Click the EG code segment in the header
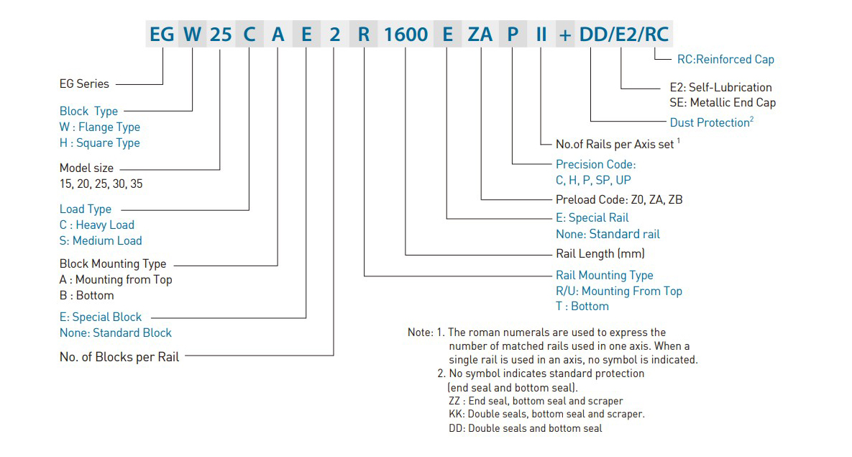pyautogui.click(x=162, y=35)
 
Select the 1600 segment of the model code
pyautogui.click(x=406, y=35)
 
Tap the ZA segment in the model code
pyautogui.click(x=480, y=35)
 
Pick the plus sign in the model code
pyautogui.click(x=565, y=35)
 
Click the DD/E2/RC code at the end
pyautogui.click(x=624, y=35)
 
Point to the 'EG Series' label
pyautogui.click(x=84, y=83)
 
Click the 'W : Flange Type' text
pyautogui.click(x=100, y=127)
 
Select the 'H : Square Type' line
pyautogui.click(x=100, y=142)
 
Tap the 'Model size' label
pyautogui.click(x=86, y=168)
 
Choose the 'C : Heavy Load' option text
pyautogui.click(x=97, y=225)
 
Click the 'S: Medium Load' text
pyautogui.click(x=101, y=240)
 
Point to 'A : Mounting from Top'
pyautogui.click(x=116, y=280)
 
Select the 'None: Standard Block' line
pyautogui.click(x=116, y=332)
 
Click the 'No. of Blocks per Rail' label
pyautogui.click(x=119, y=357)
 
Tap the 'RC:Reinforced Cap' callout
pyautogui.click(x=725, y=59)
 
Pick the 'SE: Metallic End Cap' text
pyautogui.click(x=723, y=102)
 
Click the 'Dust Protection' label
pyautogui.click(x=710, y=122)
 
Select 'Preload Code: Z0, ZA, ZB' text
pyautogui.click(x=619, y=199)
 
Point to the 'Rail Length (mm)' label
pyautogui.click(x=600, y=253)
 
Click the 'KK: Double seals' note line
pyautogui.click(x=546, y=414)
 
